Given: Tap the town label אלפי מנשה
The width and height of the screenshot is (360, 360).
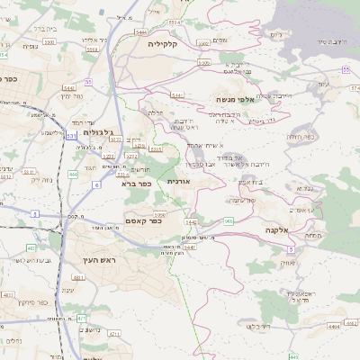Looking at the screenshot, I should coord(238,99).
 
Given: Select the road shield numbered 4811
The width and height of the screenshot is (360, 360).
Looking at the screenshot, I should coord(78,278).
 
